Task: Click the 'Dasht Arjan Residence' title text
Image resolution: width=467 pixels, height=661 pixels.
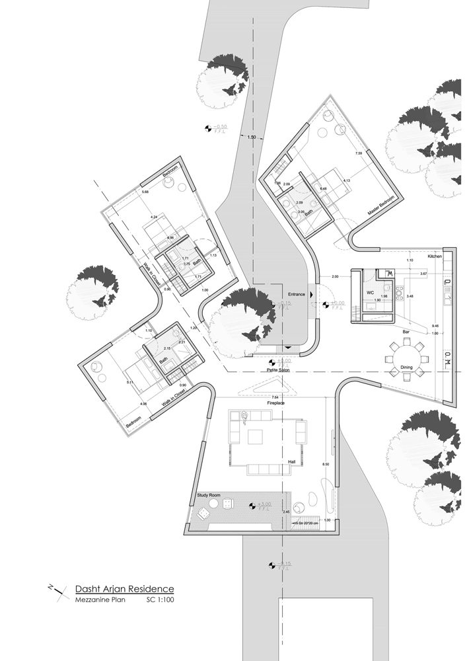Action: tap(124, 588)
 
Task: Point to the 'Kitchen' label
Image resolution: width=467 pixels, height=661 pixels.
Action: tap(434, 255)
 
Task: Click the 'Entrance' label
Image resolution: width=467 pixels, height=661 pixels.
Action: tap(295, 293)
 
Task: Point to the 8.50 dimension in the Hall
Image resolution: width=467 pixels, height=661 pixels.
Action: tap(325, 465)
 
